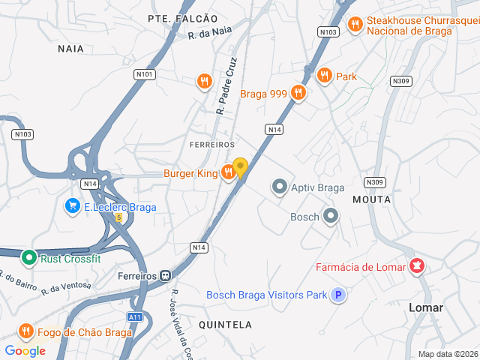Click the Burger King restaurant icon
(x=229, y=173)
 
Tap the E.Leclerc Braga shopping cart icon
(x=73, y=206)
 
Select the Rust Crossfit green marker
(x=29, y=259)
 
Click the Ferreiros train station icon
(x=164, y=275)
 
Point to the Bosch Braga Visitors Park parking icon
(x=339, y=295)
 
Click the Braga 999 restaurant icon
(x=298, y=94)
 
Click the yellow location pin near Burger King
(x=240, y=167)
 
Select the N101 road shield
(x=145, y=74)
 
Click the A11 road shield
(x=135, y=317)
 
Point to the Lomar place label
(x=426, y=308)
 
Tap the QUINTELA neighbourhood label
(x=225, y=325)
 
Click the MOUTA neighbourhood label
(x=371, y=199)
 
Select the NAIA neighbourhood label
(x=70, y=48)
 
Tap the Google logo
(x=25, y=350)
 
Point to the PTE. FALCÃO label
(x=182, y=18)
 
